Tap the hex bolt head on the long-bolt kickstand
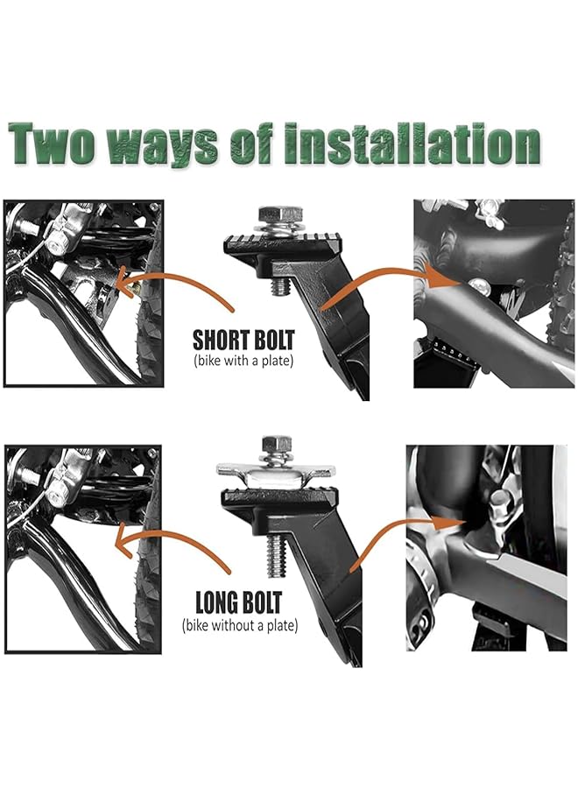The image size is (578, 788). click(277, 445)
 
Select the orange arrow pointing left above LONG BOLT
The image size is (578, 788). click(175, 553)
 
